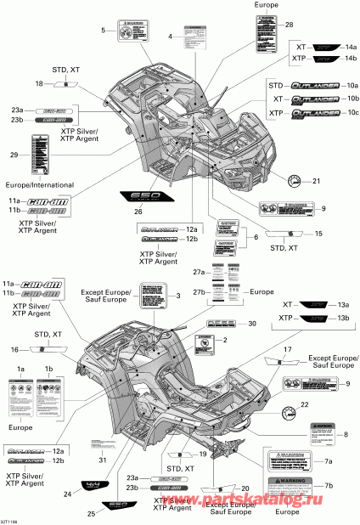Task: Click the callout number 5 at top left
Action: [104, 31]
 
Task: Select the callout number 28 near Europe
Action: [290, 25]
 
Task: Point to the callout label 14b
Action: [352, 59]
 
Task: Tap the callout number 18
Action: [39, 83]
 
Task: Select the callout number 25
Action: [92, 514]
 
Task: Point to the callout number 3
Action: [179, 296]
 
